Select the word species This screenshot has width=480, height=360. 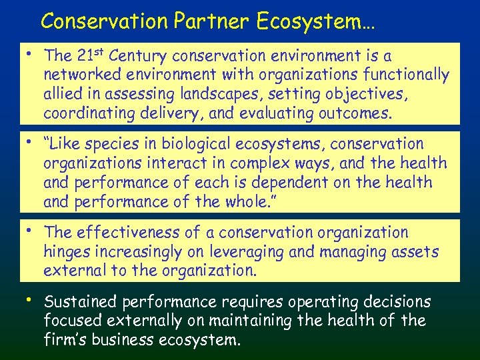[111, 144]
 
